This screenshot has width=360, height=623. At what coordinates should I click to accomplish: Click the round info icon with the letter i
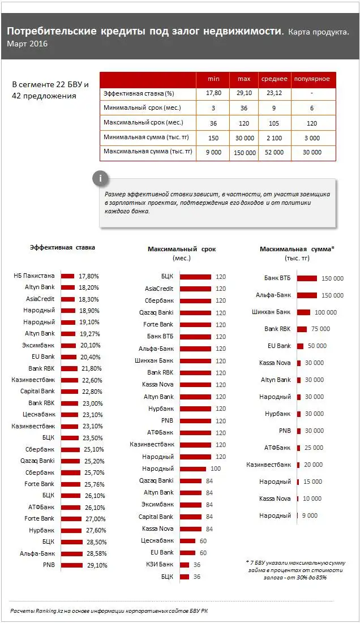coord(100,179)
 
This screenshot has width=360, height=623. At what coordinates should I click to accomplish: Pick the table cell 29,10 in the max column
coord(244,93)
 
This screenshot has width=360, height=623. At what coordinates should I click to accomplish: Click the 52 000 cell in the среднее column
coord(274,152)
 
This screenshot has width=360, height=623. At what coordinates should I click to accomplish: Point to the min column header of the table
coord(213,79)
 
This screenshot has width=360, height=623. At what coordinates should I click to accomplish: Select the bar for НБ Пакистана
coord(67,276)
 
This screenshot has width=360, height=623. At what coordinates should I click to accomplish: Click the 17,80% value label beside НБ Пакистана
coord(89,276)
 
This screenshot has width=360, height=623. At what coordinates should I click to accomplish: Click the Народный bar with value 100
coord(193,469)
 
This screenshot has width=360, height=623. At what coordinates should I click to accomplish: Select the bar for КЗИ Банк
coord(185,565)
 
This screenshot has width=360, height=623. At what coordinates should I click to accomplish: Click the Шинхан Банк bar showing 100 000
coord(303,312)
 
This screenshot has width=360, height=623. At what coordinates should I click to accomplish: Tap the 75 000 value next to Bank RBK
coord(320,329)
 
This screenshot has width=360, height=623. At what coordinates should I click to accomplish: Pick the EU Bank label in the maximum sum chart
coord(280,346)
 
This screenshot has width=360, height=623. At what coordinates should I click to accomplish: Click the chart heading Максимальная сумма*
coord(297,249)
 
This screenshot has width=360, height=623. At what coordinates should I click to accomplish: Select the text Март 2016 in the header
coord(28,44)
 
